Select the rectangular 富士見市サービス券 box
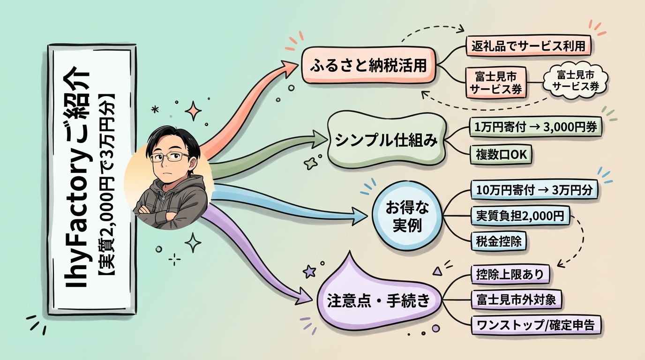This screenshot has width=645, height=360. click(495, 82)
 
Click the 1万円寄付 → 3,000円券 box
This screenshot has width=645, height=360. click(535, 127)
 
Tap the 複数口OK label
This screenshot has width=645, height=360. click(501, 153)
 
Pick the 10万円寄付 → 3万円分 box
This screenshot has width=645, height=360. click(534, 191)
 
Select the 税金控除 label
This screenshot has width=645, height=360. click(498, 241)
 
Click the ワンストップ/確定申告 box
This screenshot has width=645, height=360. click(535, 325)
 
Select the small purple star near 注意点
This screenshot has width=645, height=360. click(309, 270)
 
